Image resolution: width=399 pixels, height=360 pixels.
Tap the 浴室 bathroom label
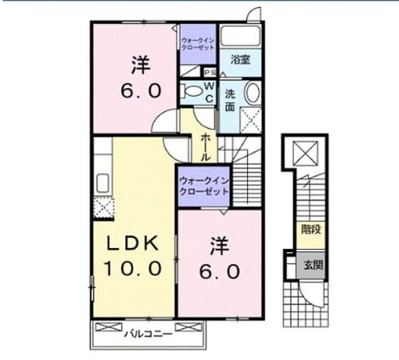point(241,59)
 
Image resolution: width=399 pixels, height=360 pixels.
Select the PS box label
point(211,72)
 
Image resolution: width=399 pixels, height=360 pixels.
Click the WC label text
point(209,92)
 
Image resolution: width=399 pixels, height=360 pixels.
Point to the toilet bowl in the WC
point(191,91)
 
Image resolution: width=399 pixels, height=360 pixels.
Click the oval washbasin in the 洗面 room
point(252,93)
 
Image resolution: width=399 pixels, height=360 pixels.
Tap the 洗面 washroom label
point(230,101)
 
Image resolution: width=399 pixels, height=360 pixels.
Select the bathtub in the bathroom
point(241,36)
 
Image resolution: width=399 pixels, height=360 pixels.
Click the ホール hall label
point(206,148)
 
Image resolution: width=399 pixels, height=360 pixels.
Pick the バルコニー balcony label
point(148,334)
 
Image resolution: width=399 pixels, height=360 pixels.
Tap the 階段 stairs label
point(311,230)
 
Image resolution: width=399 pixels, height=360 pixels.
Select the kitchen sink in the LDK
point(103,183)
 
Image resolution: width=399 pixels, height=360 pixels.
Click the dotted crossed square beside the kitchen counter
point(103,208)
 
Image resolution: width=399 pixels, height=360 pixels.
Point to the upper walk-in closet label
point(198,44)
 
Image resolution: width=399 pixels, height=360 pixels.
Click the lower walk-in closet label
point(204,187)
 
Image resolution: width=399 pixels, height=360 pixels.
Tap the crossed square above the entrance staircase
point(305,153)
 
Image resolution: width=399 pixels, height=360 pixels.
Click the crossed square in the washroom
point(251,120)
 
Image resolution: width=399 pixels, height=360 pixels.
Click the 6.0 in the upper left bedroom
point(141,90)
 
